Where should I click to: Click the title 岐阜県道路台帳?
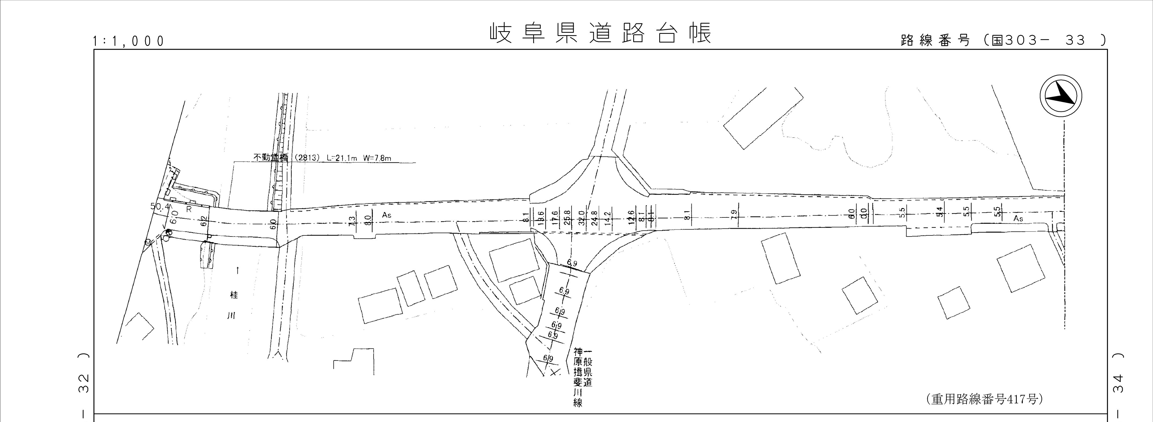pos(600,34)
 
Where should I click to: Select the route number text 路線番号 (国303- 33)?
pos(1003,40)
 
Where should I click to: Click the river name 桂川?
pos(233,305)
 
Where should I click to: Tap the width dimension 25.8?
pos(568,218)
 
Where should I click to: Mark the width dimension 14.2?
pos(607,218)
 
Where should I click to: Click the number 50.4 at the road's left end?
pos(160,206)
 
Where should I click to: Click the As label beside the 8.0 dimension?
pos(387,215)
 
